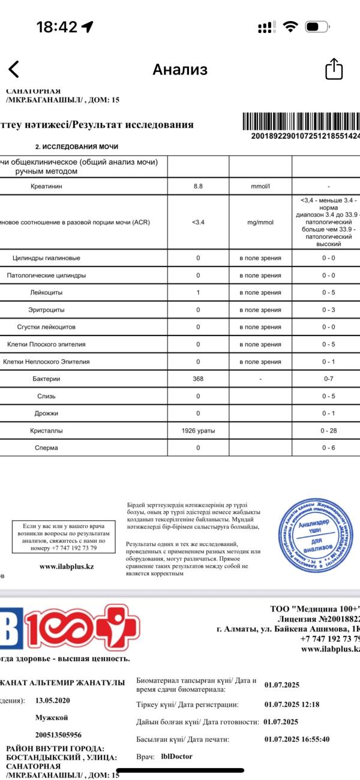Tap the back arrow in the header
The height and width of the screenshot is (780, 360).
click(x=14, y=70)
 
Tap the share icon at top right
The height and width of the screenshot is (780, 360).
click(x=334, y=69)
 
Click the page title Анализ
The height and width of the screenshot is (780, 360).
click(x=180, y=70)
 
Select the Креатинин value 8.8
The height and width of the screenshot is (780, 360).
click(x=198, y=187)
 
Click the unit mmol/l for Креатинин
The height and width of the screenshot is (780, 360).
click(x=260, y=187)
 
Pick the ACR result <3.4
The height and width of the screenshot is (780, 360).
click(x=198, y=222)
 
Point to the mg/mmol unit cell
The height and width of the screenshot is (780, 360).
click(x=260, y=222)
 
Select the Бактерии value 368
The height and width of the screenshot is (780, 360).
click(x=198, y=379)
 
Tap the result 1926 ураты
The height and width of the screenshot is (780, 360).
click(x=198, y=431)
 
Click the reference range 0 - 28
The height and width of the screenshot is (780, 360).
click(x=328, y=431)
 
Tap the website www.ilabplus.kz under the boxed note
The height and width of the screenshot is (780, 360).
click(x=66, y=566)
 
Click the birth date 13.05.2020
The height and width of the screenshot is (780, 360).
click(x=53, y=700)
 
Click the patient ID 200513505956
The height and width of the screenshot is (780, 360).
click(x=58, y=734)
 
